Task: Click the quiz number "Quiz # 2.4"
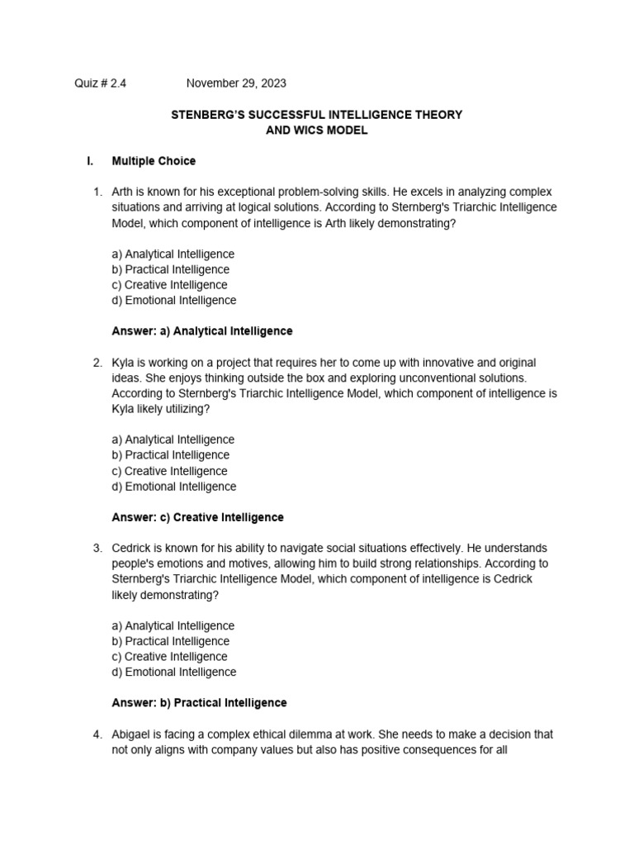pyautogui.click(x=101, y=83)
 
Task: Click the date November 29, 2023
pyautogui.click(x=236, y=83)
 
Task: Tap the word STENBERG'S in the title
pyautogui.click(x=205, y=115)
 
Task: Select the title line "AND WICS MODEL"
pyautogui.click(x=316, y=131)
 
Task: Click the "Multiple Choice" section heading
pyautogui.click(x=154, y=161)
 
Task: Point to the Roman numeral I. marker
pyautogui.click(x=90, y=161)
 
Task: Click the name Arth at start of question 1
pyautogui.click(x=124, y=192)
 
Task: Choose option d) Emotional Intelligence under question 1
pyautogui.click(x=173, y=300)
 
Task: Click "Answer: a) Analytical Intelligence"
pyautogui.click(x=201, y=330)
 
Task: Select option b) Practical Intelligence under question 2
pyautogui.click(x=170, y=454)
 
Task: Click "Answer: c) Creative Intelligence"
pyautogui.click(x=197, y=517)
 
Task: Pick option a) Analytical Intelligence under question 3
pyautogui.click(x=173, y=625)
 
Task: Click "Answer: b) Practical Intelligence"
pyautogui.click(x=199, y=702)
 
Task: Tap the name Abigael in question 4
pyautogui.click(x=133, y=734)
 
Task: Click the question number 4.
pyautogui.click(x=97, y=734)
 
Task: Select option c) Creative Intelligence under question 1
pyautogui.click(x=169, y=285)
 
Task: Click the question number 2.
pyautogui.click(x=97, y=363)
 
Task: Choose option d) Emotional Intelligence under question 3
pyautogui.click(x=173, y=672)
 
